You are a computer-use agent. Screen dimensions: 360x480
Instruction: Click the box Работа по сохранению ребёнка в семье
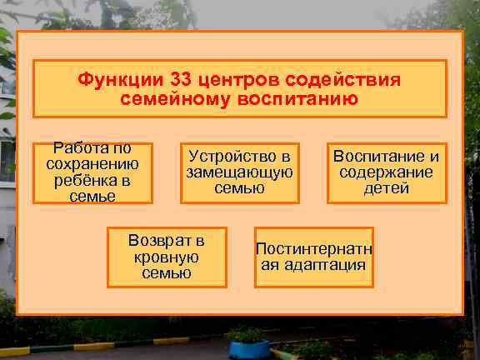92,172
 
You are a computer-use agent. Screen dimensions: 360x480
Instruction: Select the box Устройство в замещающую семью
239,172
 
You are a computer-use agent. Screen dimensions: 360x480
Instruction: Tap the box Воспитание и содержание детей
386,172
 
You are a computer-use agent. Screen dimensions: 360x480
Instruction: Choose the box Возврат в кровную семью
167,257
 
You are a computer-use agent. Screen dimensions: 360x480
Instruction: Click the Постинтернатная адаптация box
313,257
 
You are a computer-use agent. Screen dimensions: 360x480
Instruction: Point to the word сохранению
92,164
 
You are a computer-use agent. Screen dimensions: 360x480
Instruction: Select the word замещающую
239,172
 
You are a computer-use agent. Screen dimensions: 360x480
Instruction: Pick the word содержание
386,172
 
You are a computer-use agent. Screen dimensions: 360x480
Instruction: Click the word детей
386,188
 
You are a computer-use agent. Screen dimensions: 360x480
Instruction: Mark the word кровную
167,257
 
